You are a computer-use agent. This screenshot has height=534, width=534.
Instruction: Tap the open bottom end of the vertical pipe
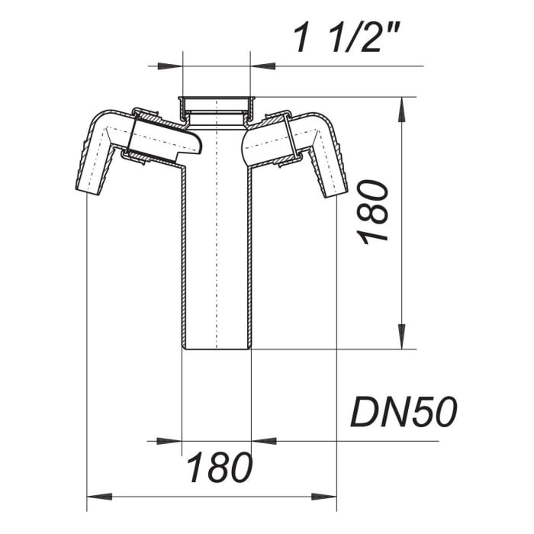pos(217,348)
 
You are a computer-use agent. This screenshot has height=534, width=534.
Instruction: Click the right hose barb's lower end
pos(335,191)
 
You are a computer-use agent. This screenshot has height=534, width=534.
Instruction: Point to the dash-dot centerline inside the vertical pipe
pos(217,229)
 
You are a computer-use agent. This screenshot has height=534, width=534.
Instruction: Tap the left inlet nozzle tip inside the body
pos(197,145)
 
